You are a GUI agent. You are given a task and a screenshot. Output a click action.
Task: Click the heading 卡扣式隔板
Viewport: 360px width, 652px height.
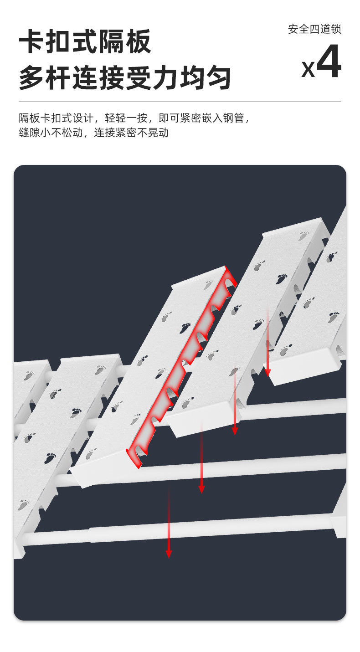pyautogui.click(x=85, y=41)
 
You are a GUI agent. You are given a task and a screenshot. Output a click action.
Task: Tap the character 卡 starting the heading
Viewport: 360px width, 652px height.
pyautogui.click(x=32, y=41)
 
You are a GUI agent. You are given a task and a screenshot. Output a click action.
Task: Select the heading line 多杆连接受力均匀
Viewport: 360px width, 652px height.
pyautogui.click(x=125, y=78)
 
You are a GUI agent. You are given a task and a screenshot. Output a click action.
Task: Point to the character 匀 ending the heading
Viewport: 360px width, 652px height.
pyautogui.click(x=218, y=78)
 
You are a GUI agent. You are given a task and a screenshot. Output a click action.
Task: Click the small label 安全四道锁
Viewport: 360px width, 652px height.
pyautogui.click(x=314, y=29)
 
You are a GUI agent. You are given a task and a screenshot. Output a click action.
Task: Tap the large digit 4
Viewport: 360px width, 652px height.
pyautogui.click(x=329, y=61)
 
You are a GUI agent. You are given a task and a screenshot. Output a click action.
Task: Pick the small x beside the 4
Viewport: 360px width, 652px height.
pyautogui.click(x=308, y=69)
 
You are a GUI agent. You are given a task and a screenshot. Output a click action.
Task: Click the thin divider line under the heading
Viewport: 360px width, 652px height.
pyautogui.click(x=180, y=102)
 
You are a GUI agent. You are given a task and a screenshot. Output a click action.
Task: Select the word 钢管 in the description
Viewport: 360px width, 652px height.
pyautogui.click(x=234, y=118)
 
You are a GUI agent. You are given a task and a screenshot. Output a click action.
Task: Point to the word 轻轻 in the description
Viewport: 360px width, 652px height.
pyautogui.click(x=116, y=118)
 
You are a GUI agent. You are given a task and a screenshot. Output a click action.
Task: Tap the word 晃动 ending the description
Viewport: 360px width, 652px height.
pyautogui.click(x=158, y=133)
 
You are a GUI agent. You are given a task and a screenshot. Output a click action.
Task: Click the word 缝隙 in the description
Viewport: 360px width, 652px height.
pyautogui.click(x=30, y=133)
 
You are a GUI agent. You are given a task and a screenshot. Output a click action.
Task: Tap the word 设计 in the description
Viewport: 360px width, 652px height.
pyautogui.click(x=83, y=118)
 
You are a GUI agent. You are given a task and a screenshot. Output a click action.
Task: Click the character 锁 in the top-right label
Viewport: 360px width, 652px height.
pyautogui.click(x=336, y=29)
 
